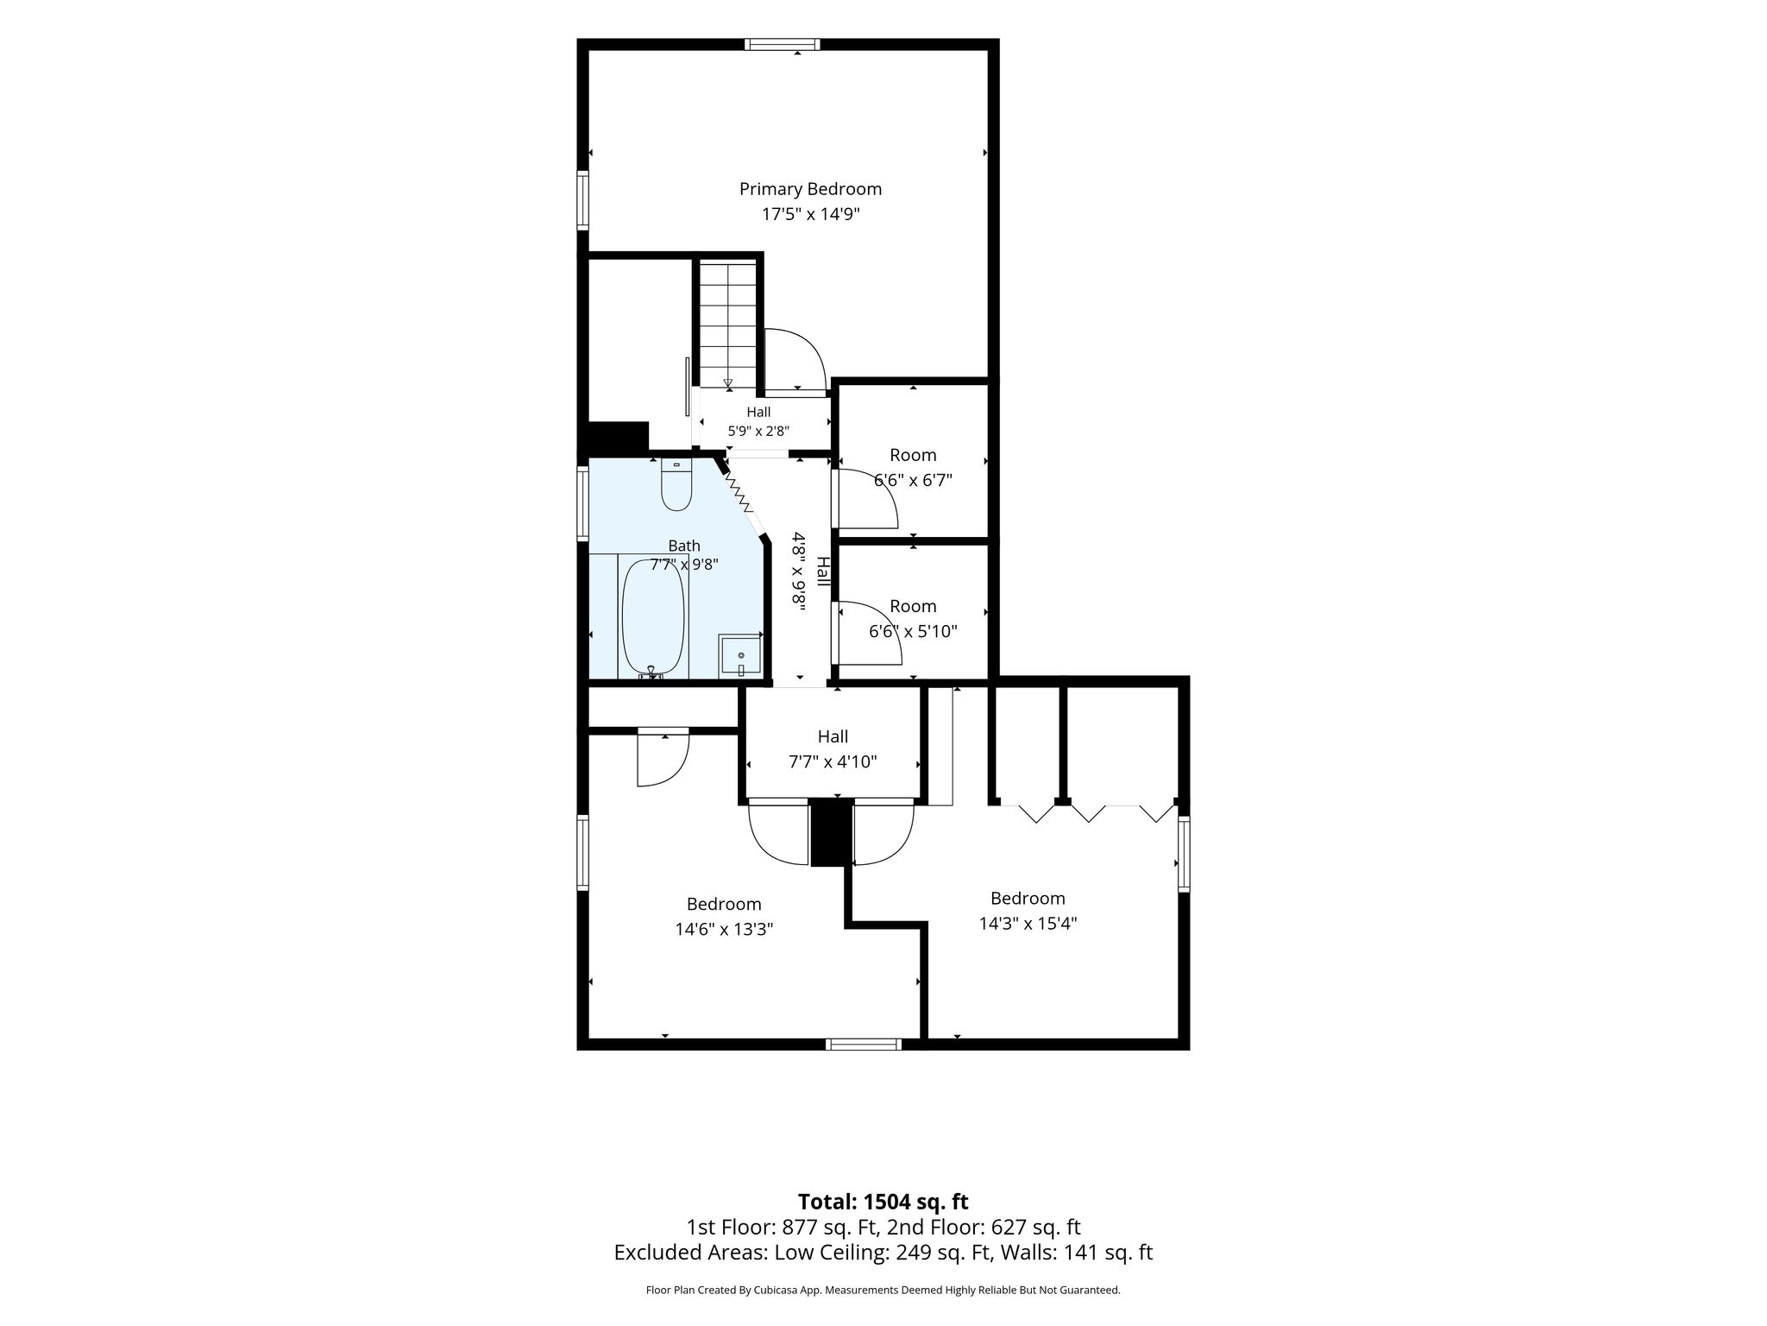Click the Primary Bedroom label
tap(810, 189)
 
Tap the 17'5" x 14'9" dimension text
tap(810, 214)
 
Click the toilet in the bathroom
tap(676, 486)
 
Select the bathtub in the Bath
tap(653, 617)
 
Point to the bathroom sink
tap(740, 655)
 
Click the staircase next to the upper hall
tap(727, 325)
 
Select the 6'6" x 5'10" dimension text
tap(913, 631)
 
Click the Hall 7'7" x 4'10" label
tap(833, 749)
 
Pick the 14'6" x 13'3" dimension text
tap(724, 930)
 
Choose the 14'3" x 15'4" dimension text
tap(1028, 924)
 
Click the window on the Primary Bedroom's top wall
tap(783, 45)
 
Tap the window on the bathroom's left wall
tap(582, 504)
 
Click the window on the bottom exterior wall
tap(864, 1045)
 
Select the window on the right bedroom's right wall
tap(1184, 855)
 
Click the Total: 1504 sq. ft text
tap(883, 1202)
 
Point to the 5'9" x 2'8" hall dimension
tap(758, 431)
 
